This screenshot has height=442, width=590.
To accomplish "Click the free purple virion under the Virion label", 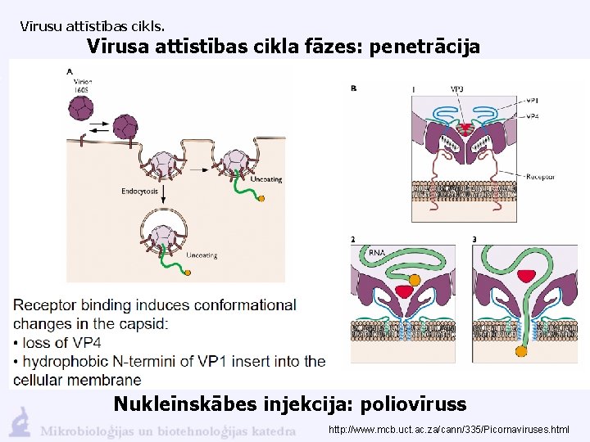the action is click(x=82, y=107).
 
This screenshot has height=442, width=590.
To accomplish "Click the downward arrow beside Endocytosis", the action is click(x=164, y=193).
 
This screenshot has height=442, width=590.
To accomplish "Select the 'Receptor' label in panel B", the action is click(x=540, y=176).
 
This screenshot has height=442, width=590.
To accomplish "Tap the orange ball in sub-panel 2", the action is click(x=415, y=279).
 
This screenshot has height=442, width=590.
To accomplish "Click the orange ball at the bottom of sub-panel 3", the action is click(x=520, y=352).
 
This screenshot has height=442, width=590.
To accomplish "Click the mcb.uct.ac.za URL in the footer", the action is click(x=448, y=430).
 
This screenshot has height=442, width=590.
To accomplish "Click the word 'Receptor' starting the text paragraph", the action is click(x=46, y=305).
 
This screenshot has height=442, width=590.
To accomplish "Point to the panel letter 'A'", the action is click(x=70, y=72).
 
